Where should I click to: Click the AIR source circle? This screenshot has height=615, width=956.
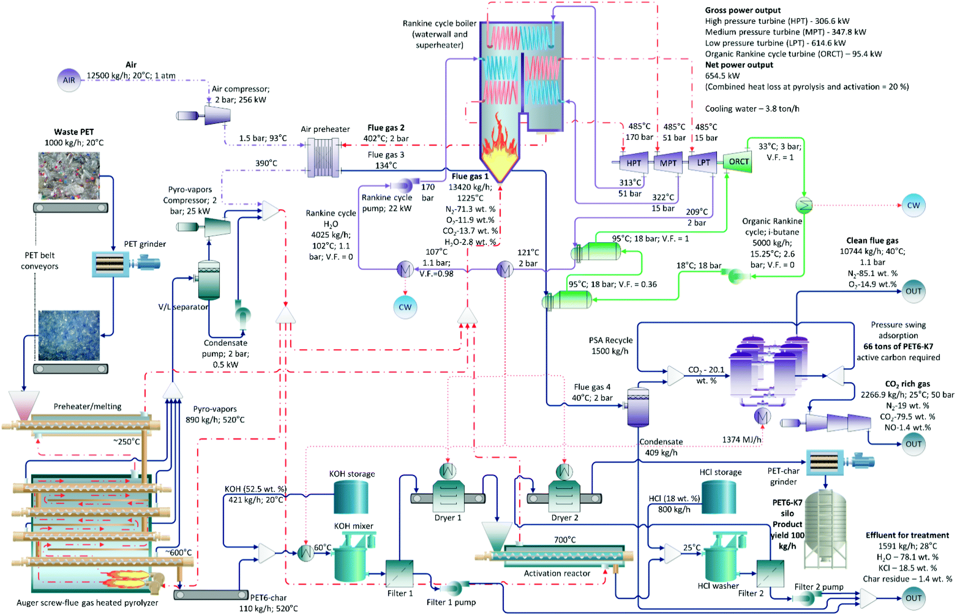(69, 80)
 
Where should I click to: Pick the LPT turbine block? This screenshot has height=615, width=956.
(703, 163)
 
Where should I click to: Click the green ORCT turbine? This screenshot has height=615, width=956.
(738, 162)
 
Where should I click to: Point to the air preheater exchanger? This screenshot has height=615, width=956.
(324, 158)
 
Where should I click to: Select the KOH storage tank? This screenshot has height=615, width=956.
(351, 497)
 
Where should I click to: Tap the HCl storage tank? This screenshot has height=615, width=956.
(718, 497)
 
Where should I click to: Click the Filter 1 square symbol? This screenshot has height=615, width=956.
(399, 573)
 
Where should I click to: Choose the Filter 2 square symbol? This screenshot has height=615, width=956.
(770, 573)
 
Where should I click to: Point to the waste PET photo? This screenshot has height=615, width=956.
(69, 176)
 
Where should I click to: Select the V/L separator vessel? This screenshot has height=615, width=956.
(209, 280)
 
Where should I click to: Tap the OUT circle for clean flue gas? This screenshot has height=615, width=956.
(914, 291)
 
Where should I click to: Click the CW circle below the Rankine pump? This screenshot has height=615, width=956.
(405, 307)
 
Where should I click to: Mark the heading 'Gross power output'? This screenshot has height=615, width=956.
(743, 10)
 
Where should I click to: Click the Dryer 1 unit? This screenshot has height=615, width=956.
(448, 497)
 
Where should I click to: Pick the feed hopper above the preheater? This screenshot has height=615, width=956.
(24, 405)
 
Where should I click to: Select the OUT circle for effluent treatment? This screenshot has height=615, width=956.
(914, 598)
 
